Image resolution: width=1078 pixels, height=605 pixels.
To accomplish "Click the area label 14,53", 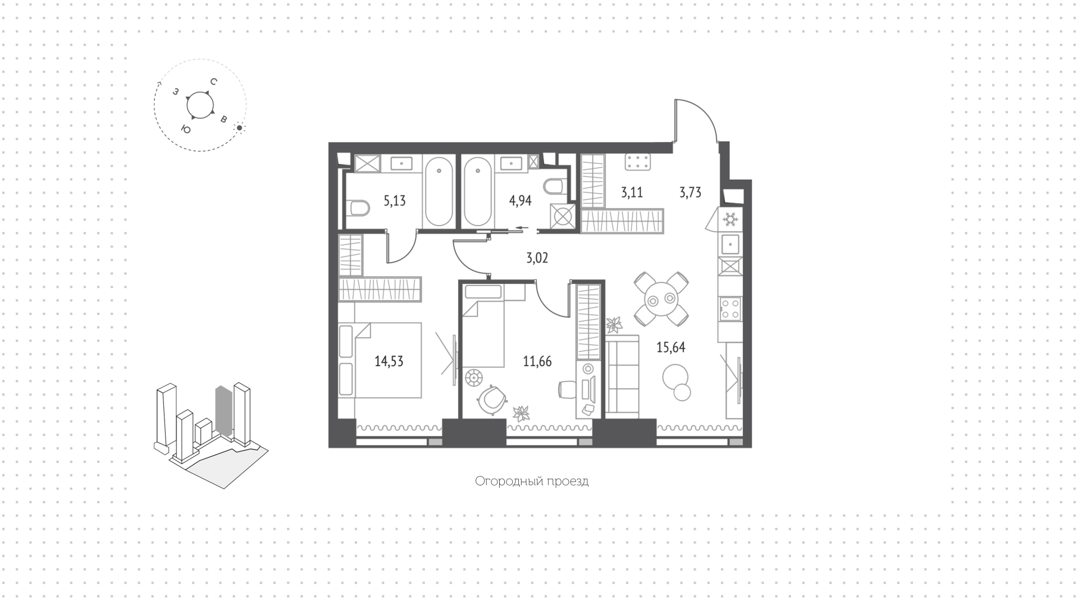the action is (389, 361).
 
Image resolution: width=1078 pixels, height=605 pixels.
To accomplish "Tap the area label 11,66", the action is (537, 361).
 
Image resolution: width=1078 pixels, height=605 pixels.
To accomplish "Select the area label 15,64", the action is (671, 347).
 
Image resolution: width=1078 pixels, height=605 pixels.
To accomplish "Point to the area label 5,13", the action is (395, 201).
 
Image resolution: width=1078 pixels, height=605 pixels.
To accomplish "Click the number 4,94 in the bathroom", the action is (520, 201).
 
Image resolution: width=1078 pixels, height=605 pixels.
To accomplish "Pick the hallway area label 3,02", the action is (537, 258).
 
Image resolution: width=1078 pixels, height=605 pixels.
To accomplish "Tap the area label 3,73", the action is (690, 192).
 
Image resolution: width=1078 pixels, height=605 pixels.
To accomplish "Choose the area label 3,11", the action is (632, 192).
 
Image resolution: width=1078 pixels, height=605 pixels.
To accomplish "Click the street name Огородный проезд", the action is (532, 481).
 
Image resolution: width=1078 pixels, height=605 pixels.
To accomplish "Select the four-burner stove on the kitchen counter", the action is (730, 309).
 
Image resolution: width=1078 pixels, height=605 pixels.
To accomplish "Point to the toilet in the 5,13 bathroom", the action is (358, 208).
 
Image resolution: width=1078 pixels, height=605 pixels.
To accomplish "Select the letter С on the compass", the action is (214, 82).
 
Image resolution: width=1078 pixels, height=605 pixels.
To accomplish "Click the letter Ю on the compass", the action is (185, 129).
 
